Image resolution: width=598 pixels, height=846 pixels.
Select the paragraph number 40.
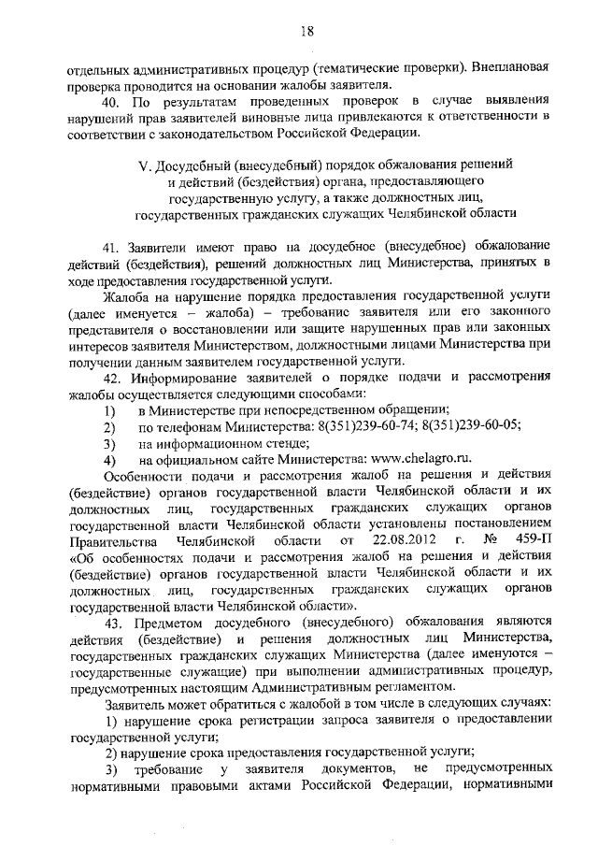point(113,99)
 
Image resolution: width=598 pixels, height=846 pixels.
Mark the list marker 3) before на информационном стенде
point(109,442)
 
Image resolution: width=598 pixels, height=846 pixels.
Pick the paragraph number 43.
point(113,624)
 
